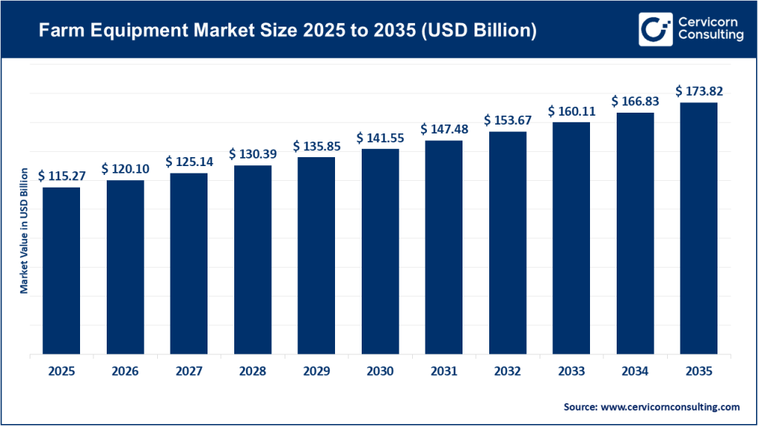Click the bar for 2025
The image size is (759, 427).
[62, 271]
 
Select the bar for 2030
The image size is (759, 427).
[380, 251]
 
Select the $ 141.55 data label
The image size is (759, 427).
[380, 138]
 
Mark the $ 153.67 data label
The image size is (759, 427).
[508, 120]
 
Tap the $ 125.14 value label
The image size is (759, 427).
[189, 162]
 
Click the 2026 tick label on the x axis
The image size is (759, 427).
[125, 371]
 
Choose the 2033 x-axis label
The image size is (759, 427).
[571, 371]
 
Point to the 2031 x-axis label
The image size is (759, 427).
[444, 371]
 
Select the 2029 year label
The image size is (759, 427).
[316, 371]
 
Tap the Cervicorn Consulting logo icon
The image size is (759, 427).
[652, 30]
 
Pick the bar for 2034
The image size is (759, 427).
[635, 234]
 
